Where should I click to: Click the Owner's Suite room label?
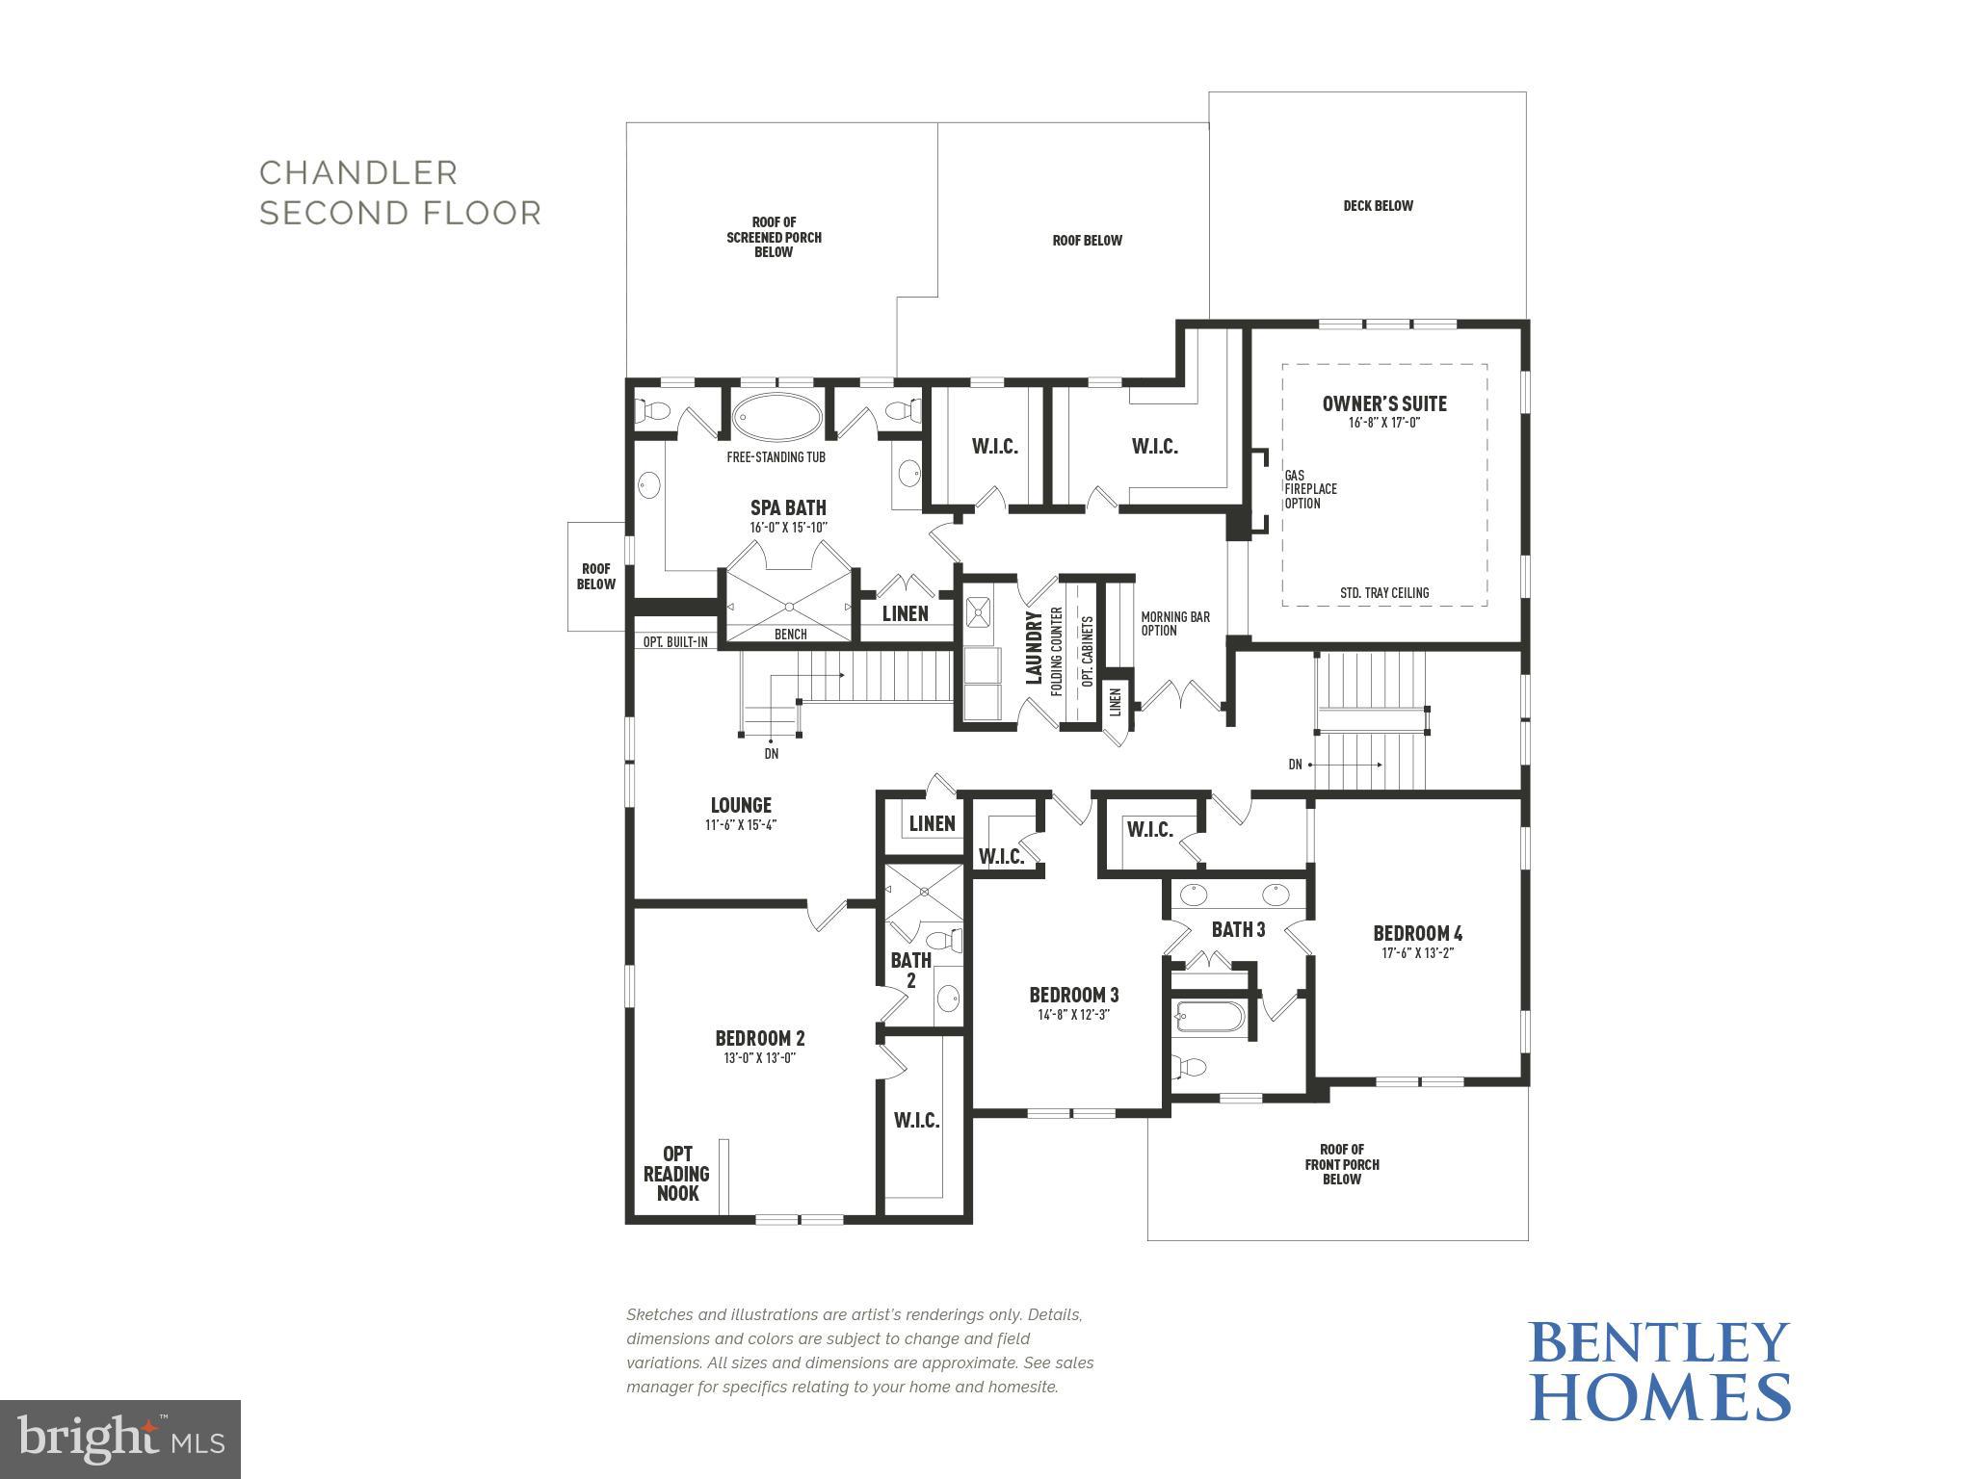[x=1383, y=403]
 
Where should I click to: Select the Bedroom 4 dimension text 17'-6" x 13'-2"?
[x=1417, y=953]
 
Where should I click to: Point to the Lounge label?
[x=741, y=805]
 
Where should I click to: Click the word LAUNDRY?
[x=1034, y=647]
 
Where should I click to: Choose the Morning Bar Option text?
[x=1174, y=624]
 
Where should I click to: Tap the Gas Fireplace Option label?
[x=1309, y=489]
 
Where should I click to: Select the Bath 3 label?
[x=1238, y=929]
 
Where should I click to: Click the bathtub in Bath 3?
[x=1210, y=1017]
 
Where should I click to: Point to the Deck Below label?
[x=1378, y=205]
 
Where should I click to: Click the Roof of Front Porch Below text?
[x=1341, y=1164]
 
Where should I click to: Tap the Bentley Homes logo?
[x=1659, y=1371]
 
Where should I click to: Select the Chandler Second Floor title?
[x=400, y=193]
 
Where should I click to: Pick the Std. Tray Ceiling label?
[x=1383, y=593]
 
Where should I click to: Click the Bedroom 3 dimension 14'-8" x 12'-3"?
[x=1073, y=1014]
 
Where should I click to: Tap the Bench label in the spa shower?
[x=790, y=634]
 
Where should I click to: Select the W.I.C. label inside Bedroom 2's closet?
[x=916, y=1120]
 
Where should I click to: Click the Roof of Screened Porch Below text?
[x=774, y=237]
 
